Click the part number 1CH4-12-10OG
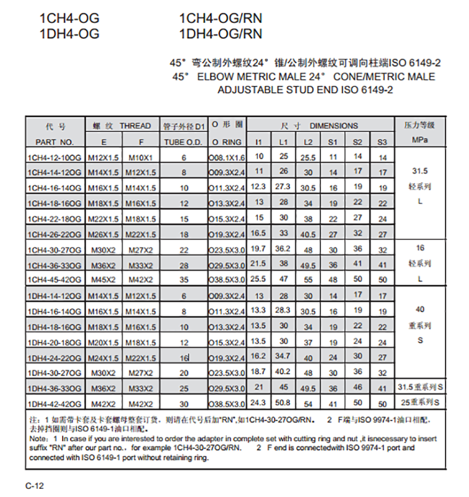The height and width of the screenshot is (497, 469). [55, 157]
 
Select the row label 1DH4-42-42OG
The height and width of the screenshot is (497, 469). [55, 403]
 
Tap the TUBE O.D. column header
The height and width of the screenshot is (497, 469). [183, 141]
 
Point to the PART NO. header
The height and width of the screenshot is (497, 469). [55, 141]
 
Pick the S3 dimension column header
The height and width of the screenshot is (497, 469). [382, 141]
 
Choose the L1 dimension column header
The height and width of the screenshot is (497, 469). [283, 141]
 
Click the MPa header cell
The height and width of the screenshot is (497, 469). [419, 140]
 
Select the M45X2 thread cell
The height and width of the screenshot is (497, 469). [103, 279]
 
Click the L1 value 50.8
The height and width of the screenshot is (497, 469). [283, 402]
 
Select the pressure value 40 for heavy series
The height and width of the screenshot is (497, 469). [420, 309]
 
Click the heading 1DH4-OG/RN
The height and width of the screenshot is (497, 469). [220, 33]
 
